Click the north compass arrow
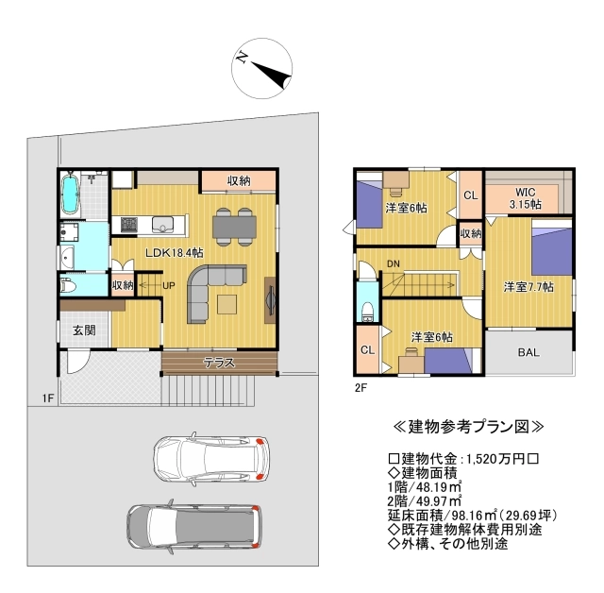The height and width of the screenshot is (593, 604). [273, 73]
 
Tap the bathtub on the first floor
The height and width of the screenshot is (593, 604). [71, 193]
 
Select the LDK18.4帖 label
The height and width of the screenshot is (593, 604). [174, 253]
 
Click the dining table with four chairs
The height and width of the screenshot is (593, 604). [234, 227]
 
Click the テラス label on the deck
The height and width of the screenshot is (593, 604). [219, 363]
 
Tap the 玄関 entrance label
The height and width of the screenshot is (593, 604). [84, 330]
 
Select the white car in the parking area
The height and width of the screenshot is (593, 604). [211, 459]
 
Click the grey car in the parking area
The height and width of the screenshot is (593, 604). [194, 526]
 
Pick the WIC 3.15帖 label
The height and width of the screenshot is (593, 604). [525, 198]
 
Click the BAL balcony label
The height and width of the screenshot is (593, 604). [528, 352]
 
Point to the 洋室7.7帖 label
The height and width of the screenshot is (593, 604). [528, 287]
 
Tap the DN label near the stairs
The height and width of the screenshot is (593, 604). [394, 264]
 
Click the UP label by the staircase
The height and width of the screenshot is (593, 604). [169, 285]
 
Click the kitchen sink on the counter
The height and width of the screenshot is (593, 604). [162, 224]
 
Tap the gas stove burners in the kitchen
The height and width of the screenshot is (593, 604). [129, 225]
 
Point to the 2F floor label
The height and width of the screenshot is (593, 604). [361, 388]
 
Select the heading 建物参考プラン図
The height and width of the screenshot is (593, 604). [468, 427]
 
